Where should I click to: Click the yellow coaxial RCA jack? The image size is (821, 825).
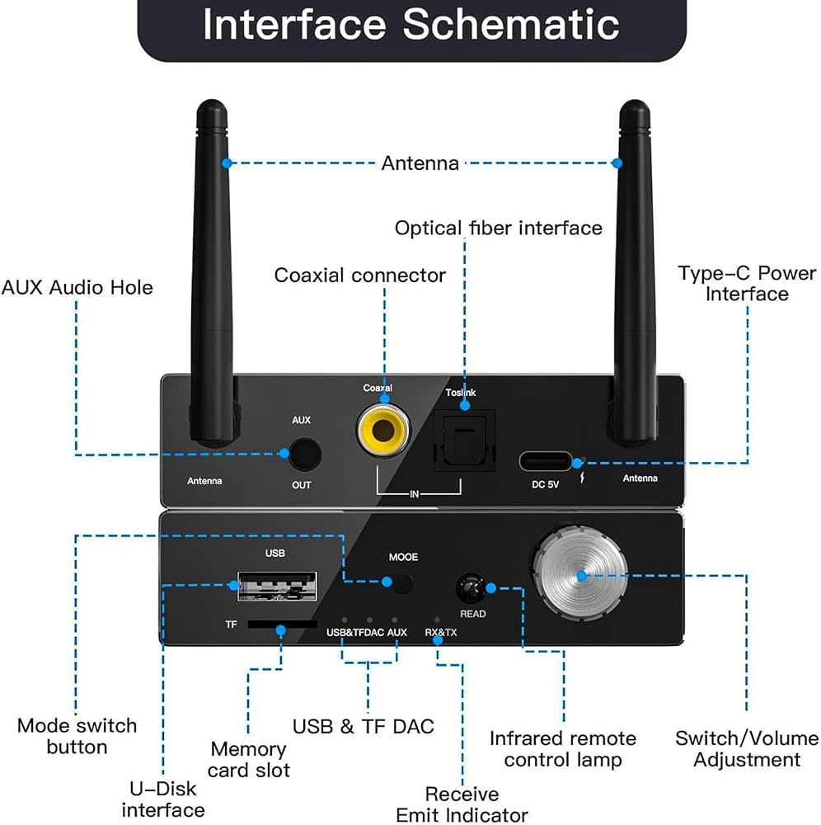[x=383, y=431]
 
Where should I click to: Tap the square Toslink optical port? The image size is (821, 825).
[x=464, y=441]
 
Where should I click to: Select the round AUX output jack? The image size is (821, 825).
[x=305, y=454]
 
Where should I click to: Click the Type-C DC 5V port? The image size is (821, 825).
[x=546, y=461]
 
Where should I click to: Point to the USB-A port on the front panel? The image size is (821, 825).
[x=278, y=586]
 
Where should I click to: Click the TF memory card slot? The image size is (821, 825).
[x=282, y=625]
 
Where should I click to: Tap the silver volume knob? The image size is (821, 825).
[x=580, y=573]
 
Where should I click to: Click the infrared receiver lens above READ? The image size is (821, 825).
[x=471, y=588]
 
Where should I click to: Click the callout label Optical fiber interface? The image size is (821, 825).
[x=498, y=228]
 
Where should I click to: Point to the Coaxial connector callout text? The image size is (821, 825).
[x=360, y=276]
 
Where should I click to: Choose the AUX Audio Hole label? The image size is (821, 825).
[x=77, y=287]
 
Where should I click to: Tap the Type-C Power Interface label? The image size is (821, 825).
[x=747, y=283]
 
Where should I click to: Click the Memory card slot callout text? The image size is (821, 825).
[x=249, y=759]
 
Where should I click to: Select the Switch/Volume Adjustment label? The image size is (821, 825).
[x=747, y=749]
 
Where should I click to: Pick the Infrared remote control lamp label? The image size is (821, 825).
[x=563, y=749]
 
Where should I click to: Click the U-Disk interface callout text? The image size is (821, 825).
[x=163, y=799]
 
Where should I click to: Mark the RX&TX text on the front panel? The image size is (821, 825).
[x=440, y=633]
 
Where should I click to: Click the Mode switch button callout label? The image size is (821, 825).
[x=77, y=736]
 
